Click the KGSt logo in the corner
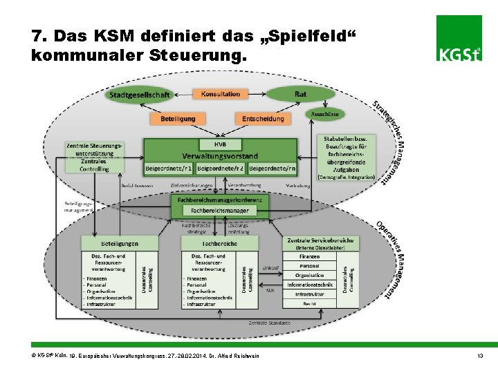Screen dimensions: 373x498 coord(459,39)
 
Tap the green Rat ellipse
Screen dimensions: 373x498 coord(300,94)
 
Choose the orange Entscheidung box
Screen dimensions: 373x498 coord(263,119)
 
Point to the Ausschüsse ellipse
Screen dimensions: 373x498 coord(324,114)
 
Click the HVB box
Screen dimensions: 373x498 coord(221,144)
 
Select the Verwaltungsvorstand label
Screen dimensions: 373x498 coord(221,155)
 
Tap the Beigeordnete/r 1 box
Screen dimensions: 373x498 coord(169,168)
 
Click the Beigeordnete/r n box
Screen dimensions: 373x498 coord(272,168)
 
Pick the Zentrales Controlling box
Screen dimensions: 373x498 coord(94,165)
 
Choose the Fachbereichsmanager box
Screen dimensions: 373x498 coord(219,209)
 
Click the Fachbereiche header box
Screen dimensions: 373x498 coord(219,243)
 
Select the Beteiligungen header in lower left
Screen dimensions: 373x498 coord(120,243)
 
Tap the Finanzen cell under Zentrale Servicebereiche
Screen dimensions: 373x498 coord(309,256)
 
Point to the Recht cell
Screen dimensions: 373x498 coord(309,303)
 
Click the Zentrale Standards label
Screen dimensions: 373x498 coord(269,323)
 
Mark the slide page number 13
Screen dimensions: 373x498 coord(479,355)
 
